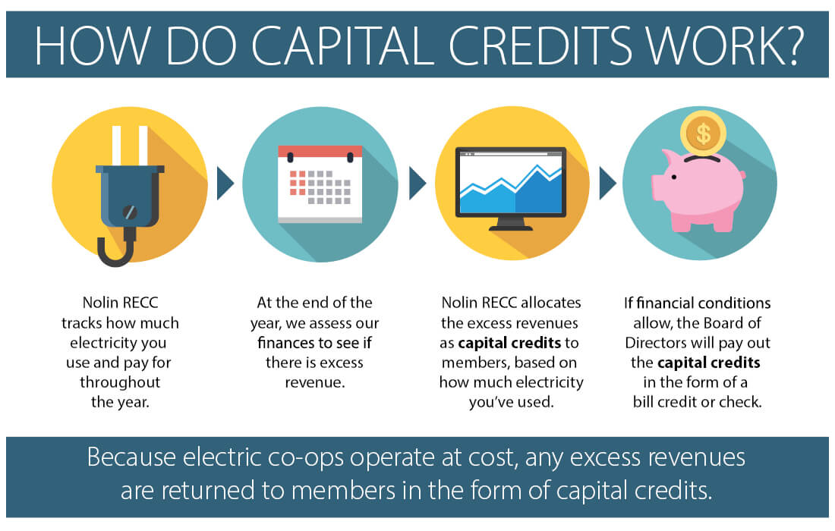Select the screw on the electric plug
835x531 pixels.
(130, 212)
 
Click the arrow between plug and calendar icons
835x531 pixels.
(225, 184)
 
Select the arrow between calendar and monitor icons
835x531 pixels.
(417, 184)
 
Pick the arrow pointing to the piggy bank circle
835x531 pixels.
(607, 184)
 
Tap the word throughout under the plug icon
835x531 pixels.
(120, 382)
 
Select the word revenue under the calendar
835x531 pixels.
(314, 382)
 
